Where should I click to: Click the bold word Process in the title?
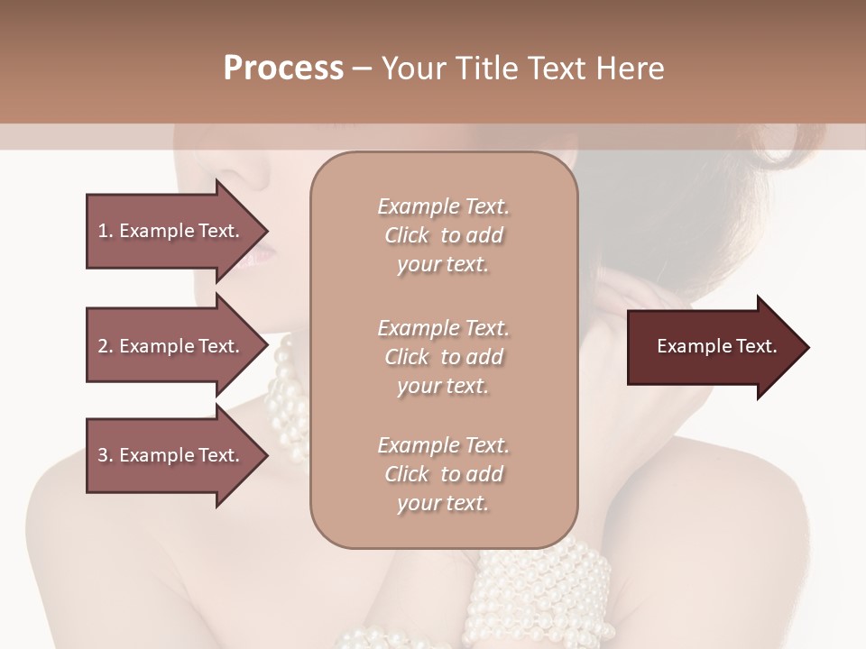(283, 68)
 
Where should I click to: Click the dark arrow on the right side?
(713, 347)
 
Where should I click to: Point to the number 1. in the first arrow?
(106, 231)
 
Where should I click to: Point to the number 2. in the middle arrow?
(106, 346)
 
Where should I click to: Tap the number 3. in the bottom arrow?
(106, 455)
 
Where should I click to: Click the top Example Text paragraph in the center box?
(443, 235)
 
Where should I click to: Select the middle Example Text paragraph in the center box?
(443, 356)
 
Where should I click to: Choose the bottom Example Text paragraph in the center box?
(443, 474)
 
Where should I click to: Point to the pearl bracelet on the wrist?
(541, 586)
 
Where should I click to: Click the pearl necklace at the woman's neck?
(287, 397)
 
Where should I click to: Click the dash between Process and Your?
(363, 69)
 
